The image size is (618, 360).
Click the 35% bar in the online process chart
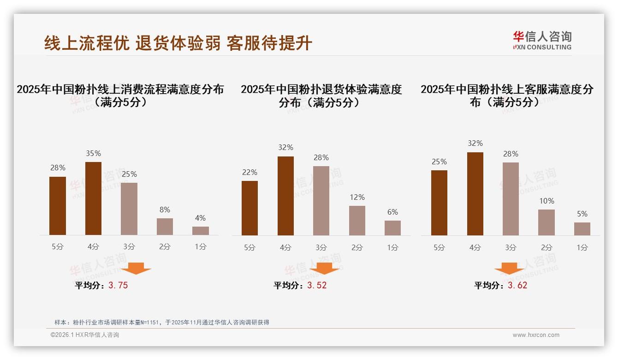point(93,198)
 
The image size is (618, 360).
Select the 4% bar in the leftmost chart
point(201,231)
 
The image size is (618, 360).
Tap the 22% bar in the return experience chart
point(250,208)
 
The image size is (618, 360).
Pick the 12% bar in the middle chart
point(357,221)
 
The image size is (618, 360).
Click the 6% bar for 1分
point(392,228)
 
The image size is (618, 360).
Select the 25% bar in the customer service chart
point(439,203)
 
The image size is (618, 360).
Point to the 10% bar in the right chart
point(547,222)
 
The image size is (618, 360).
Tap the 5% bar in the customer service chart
point(582,229)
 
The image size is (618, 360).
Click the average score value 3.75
point(118,286)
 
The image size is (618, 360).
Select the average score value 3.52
point(317,286)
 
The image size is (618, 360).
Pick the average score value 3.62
point(517,286)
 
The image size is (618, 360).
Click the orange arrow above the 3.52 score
point(324,268)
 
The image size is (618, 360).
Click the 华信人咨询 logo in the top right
point(542,41)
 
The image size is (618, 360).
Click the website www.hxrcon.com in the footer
point(536,335)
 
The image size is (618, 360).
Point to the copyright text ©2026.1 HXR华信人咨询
point(85,335)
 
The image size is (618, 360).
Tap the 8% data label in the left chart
point(165,210)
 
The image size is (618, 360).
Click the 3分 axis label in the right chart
point(511,247)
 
